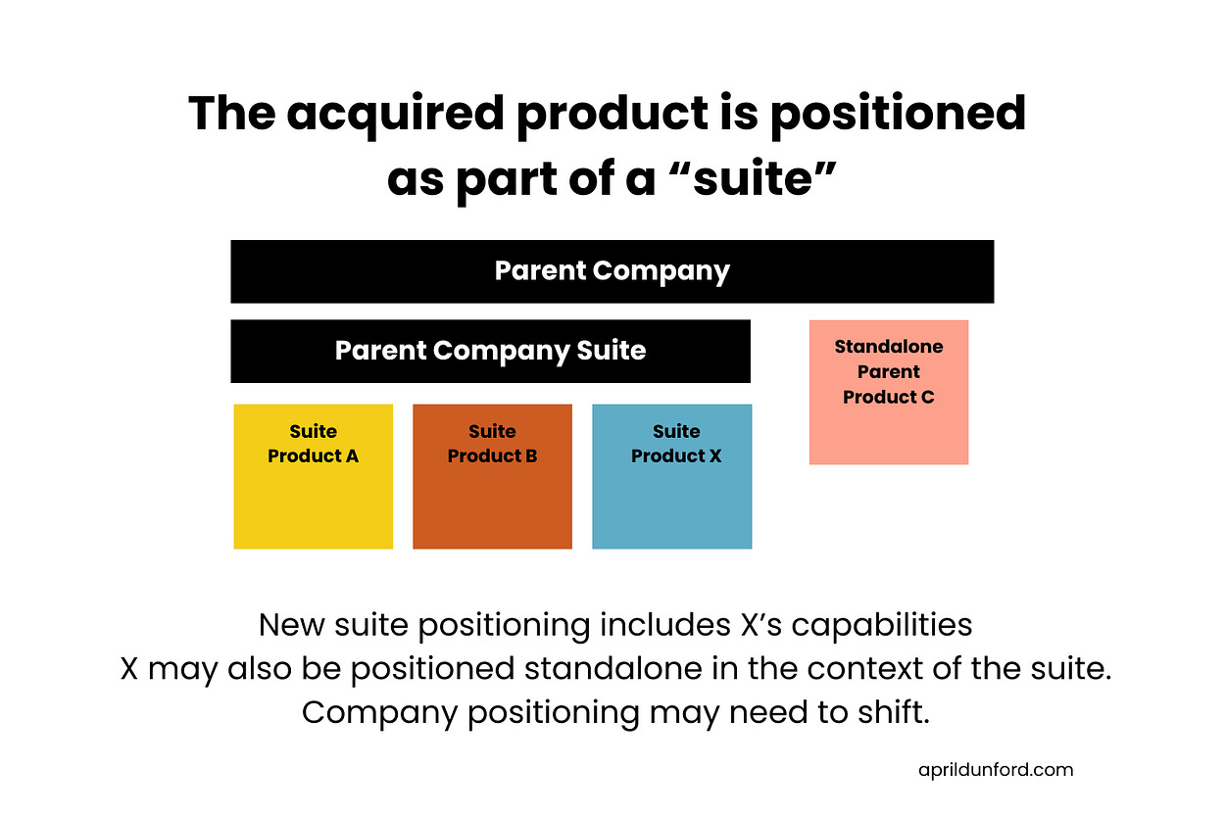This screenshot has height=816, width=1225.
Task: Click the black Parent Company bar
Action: pyautogui.click(x=612, y=271)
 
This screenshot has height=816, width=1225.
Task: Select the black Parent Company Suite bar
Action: pyautogui.click(x=490, y=351)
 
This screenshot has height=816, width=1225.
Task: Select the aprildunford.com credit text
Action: pyautogui.click(x=996, y=769)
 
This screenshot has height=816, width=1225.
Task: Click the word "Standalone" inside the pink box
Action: pyautogui.click(x=888, y=347)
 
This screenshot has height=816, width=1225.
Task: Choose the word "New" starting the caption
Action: pyautogui.click(x=289, y=624)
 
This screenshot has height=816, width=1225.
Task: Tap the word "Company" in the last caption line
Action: pyautogui.click(x=380, y=712)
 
